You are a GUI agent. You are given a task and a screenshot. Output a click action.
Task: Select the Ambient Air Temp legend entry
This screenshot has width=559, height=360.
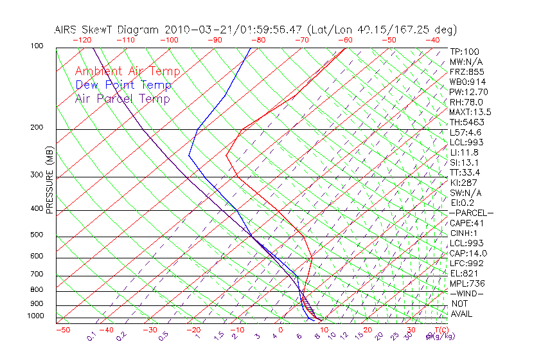(127, 71)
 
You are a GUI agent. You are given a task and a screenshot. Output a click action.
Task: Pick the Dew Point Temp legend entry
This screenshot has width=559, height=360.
(123, 85)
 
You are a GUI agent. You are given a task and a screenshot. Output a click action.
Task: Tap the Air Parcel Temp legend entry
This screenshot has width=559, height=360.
(123, 98)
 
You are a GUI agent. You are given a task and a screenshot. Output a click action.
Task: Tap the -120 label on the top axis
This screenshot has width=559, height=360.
(82, 40)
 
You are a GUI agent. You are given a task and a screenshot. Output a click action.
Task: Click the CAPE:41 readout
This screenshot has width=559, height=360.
(466, 223)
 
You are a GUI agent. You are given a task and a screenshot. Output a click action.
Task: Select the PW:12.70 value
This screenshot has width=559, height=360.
(468, 92)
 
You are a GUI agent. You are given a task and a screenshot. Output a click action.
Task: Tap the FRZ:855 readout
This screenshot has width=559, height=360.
(466, 72)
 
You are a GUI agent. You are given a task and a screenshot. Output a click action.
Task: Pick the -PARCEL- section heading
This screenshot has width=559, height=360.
(471, 213)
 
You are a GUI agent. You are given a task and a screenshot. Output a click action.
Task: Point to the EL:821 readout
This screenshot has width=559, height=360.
(464, 273)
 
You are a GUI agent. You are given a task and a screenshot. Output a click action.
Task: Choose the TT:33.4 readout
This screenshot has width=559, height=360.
(466, 172)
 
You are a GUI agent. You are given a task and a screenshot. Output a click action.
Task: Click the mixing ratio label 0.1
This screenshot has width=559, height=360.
(91, 336)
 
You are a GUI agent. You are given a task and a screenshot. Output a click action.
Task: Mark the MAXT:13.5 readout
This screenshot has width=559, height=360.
(471, 112)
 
